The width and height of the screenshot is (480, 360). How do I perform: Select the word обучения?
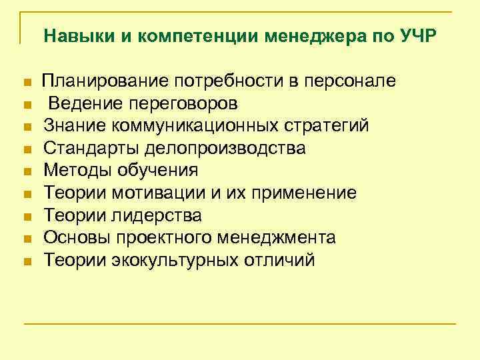(157, 171)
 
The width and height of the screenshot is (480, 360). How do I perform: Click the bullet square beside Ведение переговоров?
(27, 105)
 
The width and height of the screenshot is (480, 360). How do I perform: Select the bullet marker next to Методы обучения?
(27, 172)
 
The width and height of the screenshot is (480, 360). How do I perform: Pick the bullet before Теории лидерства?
(27, 217)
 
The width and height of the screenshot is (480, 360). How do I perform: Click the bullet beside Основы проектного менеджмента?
(27, 239)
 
